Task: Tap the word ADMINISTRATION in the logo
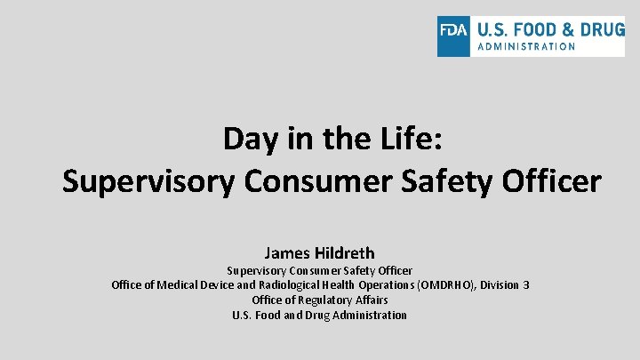(x=527, y=47)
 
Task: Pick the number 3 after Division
(x=526, y=285)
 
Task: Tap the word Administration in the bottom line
(x=370, y=316)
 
